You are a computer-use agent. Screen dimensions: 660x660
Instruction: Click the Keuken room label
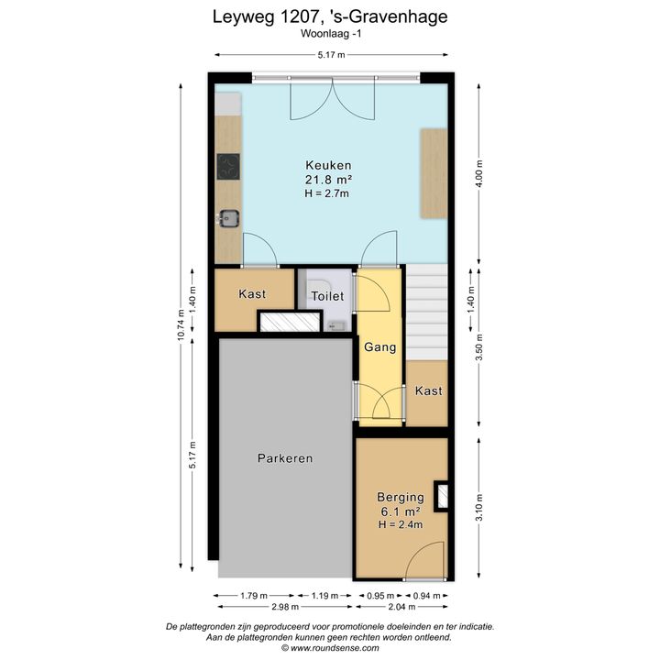tap(328, 165)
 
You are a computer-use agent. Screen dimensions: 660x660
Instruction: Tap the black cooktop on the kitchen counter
tap(228, 167)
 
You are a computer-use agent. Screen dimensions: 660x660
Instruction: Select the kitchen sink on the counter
tap(228, 218)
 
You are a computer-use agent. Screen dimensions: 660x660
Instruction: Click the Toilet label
tap(327, 296)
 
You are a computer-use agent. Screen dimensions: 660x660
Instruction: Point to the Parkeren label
tap(285, 458)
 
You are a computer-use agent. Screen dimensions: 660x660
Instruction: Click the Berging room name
tap(401, 497)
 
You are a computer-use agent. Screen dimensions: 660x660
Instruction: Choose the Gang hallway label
tap(380, 347)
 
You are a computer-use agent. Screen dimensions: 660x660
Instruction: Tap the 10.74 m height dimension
tap(181, 324)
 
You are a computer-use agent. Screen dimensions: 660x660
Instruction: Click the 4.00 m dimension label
tap(479, 174)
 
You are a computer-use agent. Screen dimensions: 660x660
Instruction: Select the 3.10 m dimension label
tap(479, 507)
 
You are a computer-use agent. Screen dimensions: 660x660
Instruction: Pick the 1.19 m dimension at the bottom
tap(324, 596)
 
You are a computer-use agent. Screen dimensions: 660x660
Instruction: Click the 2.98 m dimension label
tap(285, 607)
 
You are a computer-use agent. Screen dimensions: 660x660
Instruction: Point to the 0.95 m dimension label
tap(380, 596)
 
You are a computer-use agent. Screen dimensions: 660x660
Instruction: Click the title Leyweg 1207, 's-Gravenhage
tap(330, 17)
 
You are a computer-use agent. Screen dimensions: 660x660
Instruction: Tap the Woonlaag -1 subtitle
tap(331, 34)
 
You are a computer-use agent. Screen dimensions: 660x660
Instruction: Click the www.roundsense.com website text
tap(335, 648)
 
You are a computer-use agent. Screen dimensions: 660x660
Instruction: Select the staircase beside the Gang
tap(426, 312)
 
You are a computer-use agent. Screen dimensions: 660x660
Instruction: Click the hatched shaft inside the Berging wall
tap(442, 496)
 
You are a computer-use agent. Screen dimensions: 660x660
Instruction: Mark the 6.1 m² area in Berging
tap(401, 511)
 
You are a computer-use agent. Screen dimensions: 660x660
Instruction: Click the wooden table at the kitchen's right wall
tap(434, 173)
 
